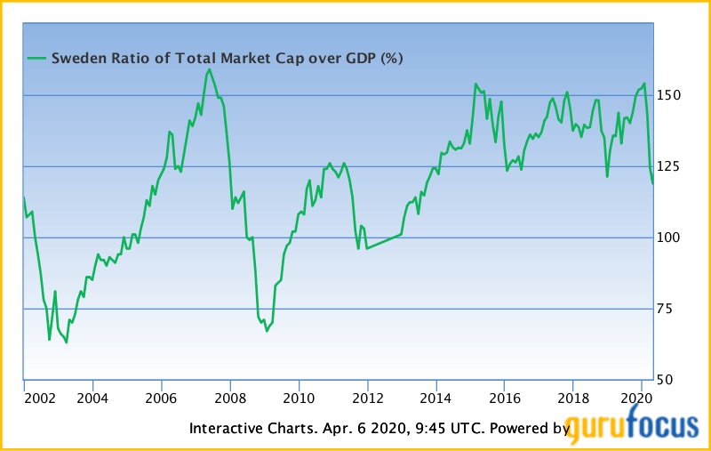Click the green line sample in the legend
pos(36,59)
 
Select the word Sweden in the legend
pos(74,59)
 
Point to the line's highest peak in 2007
pos(210,68)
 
